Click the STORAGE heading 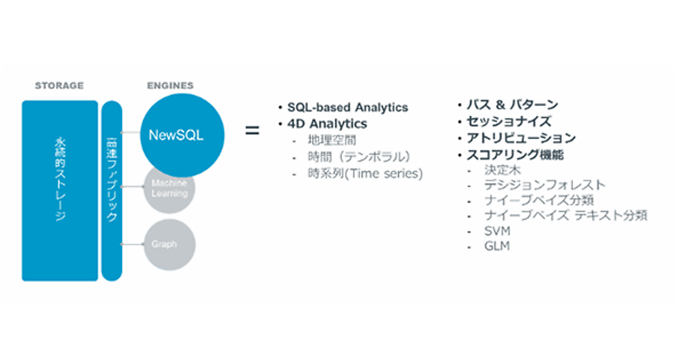click(x=59, y=86)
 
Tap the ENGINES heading click(x=170, y=86)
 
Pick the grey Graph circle click(x=169, y=245)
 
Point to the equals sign click(x=252, y=130)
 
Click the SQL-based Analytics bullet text click(x=348, y=107)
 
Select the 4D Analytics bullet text click(x=327, y=123)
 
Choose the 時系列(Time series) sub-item click(x=365, y=174)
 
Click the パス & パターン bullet click(x=512, y=105)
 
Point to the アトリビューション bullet click(x=521, y=138)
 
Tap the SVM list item click(x=496, y=231)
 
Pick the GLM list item click(x=496, y=247)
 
